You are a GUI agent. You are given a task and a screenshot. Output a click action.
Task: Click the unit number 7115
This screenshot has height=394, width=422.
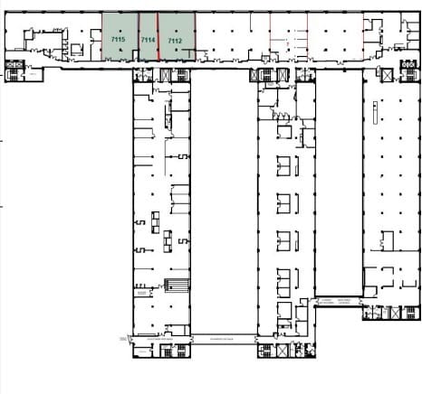(x=118, y=41)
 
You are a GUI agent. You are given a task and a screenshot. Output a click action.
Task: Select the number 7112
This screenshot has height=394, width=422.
(x=176, y=41)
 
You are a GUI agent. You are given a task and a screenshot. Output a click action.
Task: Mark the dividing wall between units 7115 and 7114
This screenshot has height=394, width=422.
(x=139, y=36)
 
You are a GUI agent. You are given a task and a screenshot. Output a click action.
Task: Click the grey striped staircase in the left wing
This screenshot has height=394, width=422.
(x=177, y=287)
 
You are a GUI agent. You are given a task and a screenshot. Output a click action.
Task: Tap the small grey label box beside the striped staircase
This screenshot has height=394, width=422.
(x=141, y=293)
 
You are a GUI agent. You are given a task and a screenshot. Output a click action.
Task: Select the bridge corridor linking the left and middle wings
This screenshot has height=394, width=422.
(x=223, y=337)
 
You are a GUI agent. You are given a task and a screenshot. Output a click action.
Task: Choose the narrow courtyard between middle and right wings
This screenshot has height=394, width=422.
(x=340, y=181)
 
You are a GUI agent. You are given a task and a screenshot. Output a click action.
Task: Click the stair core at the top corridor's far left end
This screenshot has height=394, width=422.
(x=15, y=70)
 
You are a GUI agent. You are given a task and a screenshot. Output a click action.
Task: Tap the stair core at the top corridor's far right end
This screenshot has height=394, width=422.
(x=408, y=69)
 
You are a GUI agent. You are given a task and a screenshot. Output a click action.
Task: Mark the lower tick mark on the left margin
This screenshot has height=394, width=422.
(x=3, y=206)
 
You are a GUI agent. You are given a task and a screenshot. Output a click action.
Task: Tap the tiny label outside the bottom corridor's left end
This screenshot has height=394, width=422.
(x=121, y=338)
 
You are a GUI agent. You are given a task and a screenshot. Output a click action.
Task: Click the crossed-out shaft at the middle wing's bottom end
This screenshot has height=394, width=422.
(x=265, y=349)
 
